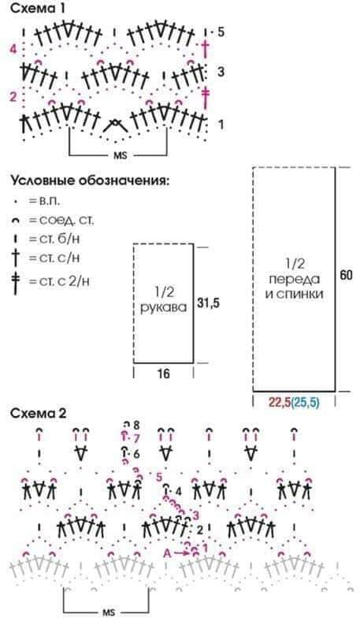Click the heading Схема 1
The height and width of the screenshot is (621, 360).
tap(38, 8)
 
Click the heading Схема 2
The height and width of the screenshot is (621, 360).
tap(39, 413)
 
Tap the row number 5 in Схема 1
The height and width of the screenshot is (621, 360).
tap(221, 32)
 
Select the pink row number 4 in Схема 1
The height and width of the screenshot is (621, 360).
tap(14, 50)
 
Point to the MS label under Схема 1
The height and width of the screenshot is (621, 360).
tap(120, 156)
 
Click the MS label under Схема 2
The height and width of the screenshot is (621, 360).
tap(109, 612)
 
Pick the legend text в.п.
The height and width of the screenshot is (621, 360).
tap(50, 201)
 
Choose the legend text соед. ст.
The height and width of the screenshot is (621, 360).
tap(66, 220)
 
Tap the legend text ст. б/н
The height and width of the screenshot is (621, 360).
tap(61, 240)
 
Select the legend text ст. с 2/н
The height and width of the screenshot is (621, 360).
tap(64, 281)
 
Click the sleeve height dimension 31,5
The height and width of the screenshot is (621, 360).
tap(209, 303)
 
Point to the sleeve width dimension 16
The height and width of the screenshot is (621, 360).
tap(163, 373)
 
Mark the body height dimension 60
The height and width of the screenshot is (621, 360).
tap(346, 275)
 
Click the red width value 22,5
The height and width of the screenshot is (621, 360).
tap(280, 403)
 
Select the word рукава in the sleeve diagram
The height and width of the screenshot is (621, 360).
tap(163, 307)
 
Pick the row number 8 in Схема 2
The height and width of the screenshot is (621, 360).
tap(136, 426)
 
